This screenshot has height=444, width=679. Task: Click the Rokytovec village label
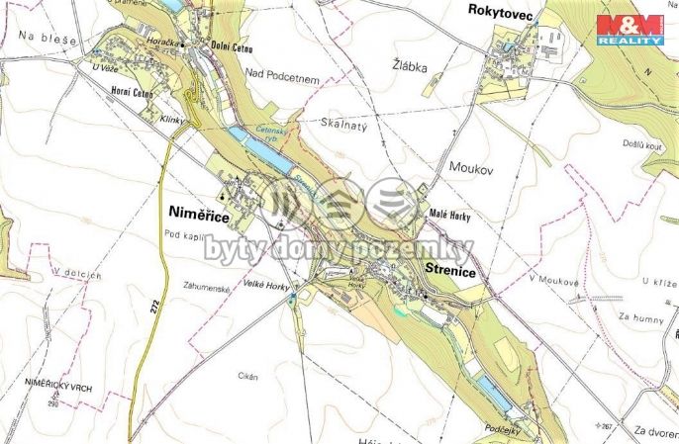tap(506, 12)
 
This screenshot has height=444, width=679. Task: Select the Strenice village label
tap(453, 270)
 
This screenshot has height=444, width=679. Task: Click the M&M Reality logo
tap(630, 29)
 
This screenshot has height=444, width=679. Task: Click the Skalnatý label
tap(343, 124)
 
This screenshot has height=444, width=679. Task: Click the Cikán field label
tap(249, 376)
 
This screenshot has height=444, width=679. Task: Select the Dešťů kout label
tap(641, 143)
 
